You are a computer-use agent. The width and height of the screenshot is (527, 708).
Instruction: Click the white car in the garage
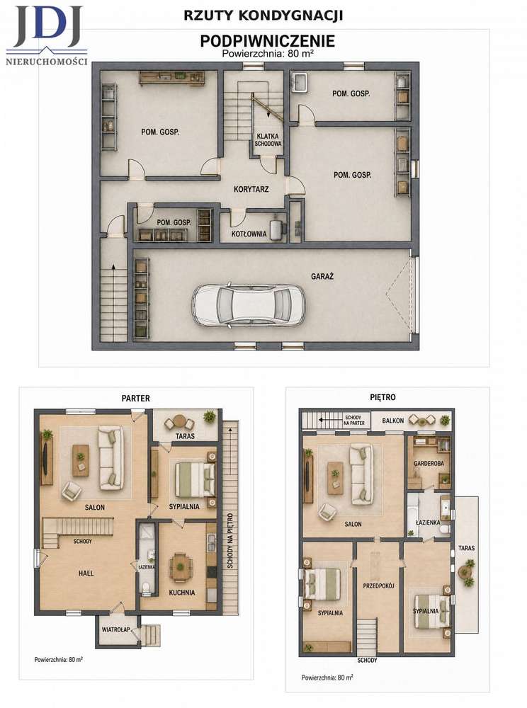click(x=248, y=304)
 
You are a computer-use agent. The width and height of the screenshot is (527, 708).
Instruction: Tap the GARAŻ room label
click(x=322, y=276)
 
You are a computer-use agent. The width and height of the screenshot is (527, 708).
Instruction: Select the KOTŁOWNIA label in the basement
click(x=249, y=234)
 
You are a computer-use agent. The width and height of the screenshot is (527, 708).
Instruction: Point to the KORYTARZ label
click(x=251, y=189)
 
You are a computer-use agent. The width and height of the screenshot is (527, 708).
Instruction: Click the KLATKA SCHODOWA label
click(x=268, y=139)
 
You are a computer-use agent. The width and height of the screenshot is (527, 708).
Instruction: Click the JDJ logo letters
click(x=48, y=26)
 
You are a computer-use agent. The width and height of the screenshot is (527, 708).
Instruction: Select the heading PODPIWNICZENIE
click(x=267, y=41)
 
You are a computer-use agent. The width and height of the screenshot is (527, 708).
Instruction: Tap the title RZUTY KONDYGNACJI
click(x=263, y=16)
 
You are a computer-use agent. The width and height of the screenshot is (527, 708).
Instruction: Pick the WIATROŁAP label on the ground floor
click(x=115, y=629)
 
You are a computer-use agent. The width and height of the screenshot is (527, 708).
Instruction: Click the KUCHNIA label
click(x=182, y=593)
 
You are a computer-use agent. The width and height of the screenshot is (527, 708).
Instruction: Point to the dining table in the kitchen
click(x=180, y=566)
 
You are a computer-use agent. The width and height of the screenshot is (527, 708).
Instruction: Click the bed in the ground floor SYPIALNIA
click(x=195, y=479)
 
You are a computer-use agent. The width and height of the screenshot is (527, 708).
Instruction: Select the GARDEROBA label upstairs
click(x=429, y=463)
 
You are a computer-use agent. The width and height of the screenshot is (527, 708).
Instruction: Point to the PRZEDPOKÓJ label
click(x=379, y=586)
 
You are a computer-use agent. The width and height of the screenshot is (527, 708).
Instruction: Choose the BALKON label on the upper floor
click(x=393, y=421)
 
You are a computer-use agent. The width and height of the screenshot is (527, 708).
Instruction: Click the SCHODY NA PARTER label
click(x=353, y=421)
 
